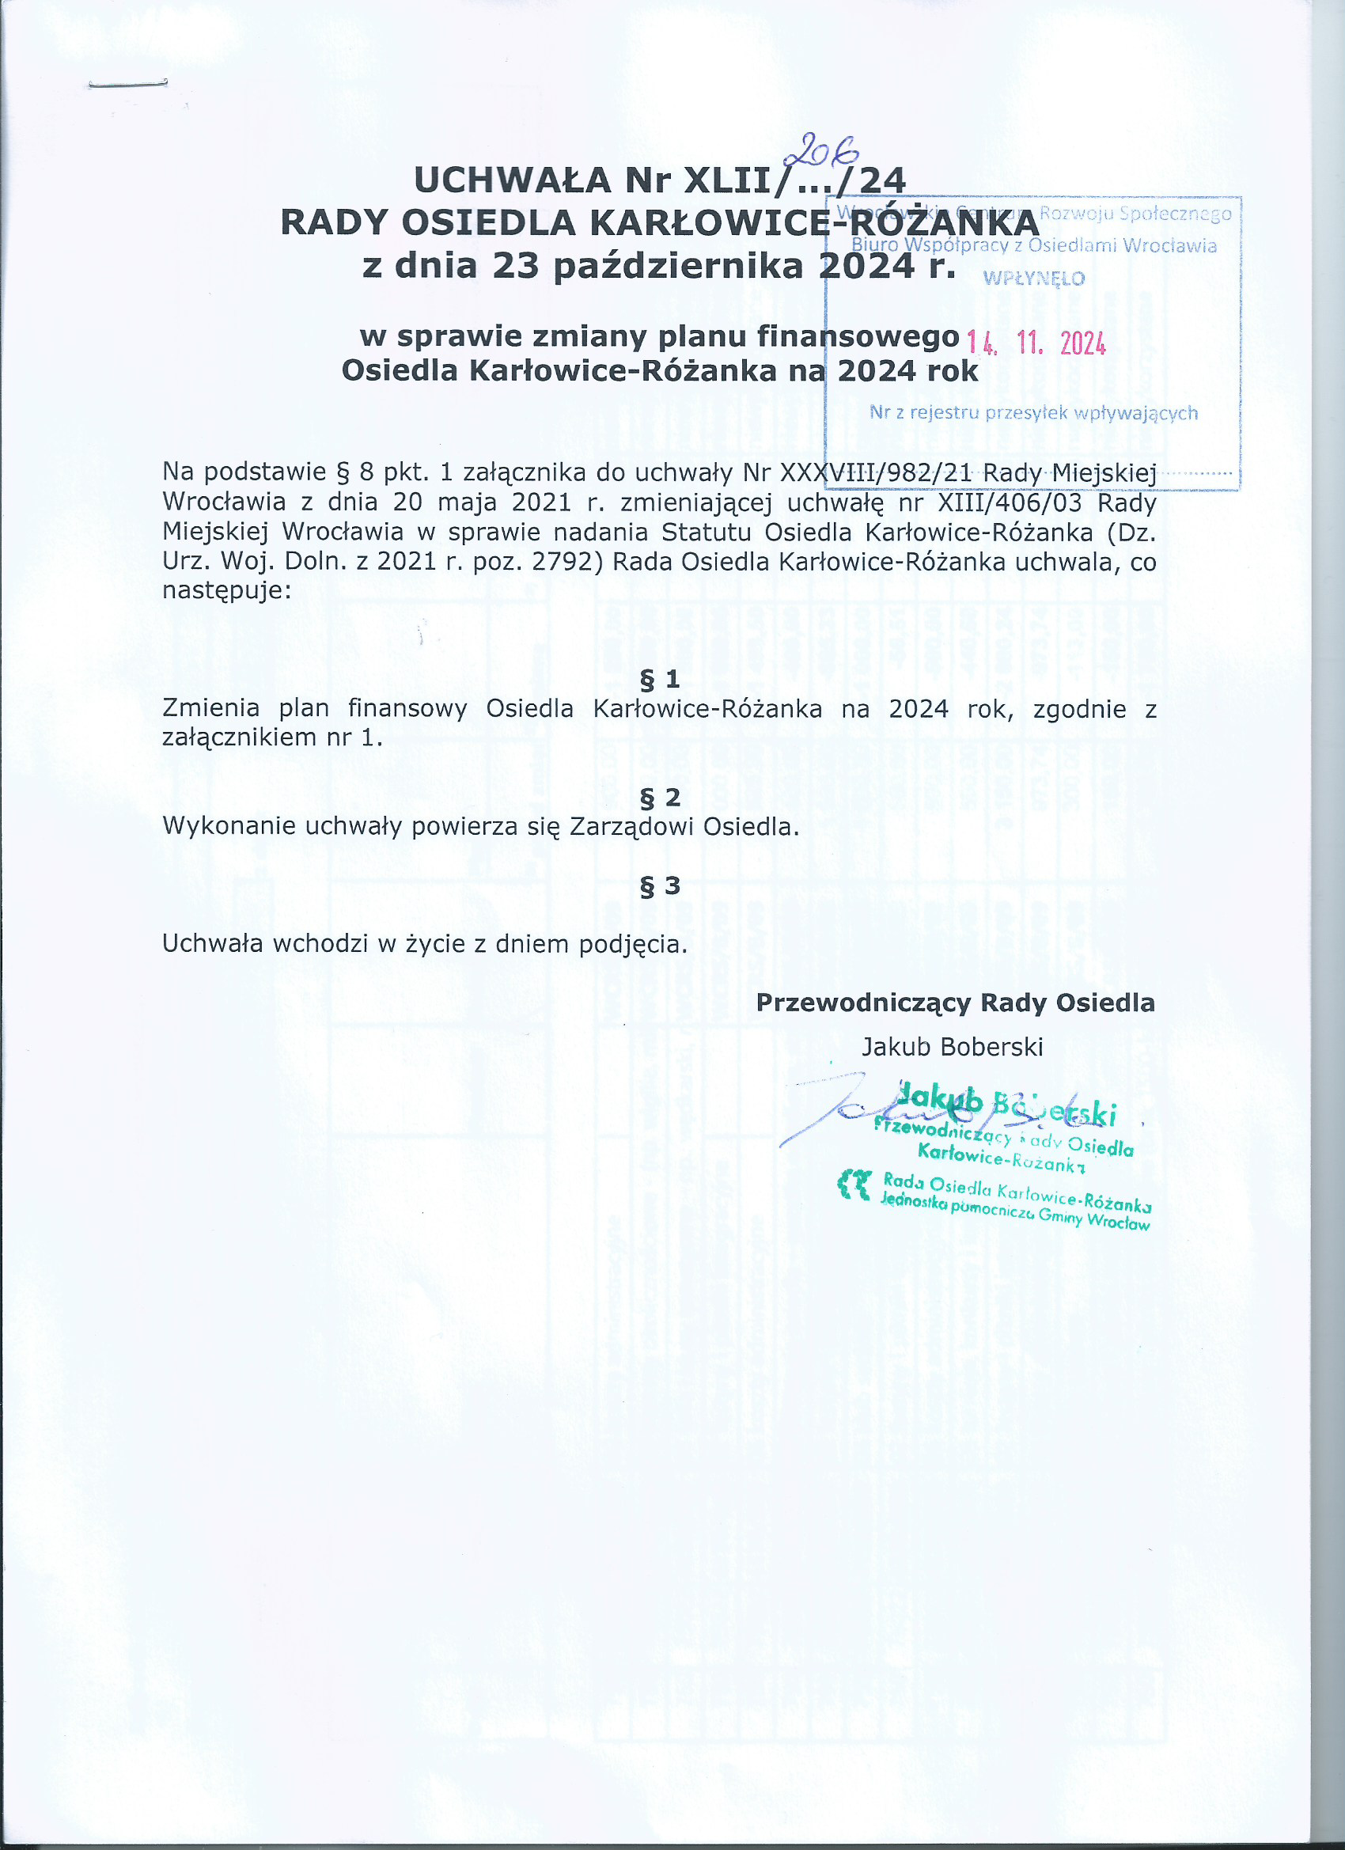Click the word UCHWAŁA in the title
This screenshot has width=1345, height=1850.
512,180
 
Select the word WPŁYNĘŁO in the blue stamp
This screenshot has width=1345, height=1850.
1033,279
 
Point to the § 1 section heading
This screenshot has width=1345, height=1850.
660,679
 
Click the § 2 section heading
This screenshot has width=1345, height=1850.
660,796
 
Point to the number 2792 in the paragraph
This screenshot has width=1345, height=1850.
566,562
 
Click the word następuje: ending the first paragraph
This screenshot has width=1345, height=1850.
227,589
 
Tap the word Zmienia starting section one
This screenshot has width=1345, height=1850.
211,708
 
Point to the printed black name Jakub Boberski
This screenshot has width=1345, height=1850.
952,1048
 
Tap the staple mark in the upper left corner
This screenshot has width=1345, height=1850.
127,83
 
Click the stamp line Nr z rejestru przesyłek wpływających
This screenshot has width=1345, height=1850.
1033,413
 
